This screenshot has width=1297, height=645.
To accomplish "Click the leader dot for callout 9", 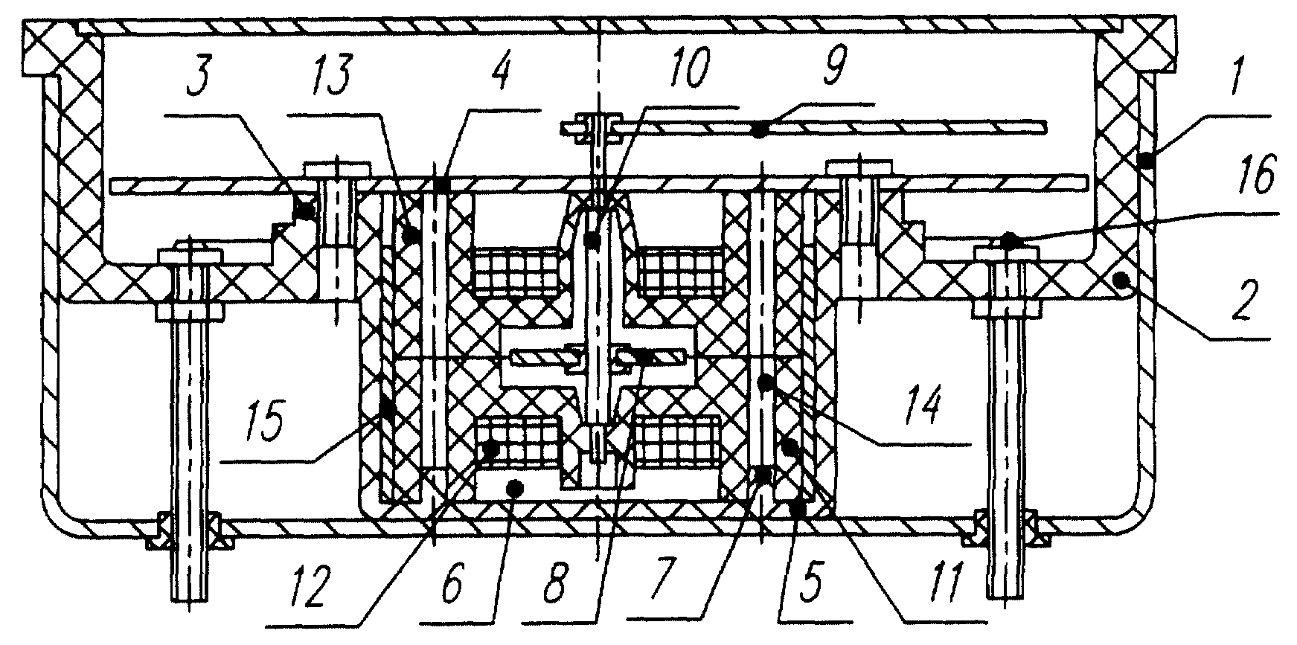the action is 758,130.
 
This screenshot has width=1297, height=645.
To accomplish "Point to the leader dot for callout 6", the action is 513,488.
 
